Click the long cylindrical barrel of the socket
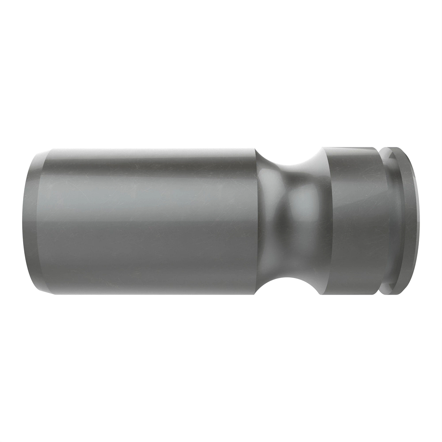coord(147,221)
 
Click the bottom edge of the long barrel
coord(147,295)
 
